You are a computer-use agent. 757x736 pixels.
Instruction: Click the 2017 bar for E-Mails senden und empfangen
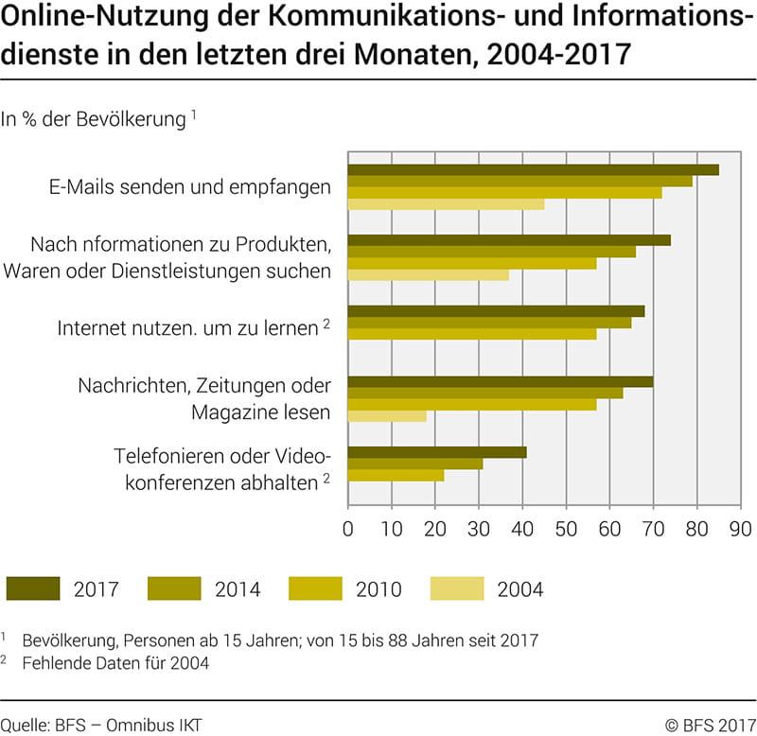pos(533,169)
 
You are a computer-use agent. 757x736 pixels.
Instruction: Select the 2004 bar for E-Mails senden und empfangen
pos(446,204)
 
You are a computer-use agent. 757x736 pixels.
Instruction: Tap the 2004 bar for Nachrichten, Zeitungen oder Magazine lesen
pos(387,416)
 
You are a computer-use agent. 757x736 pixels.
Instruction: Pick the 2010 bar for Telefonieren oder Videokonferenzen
pos(396,475)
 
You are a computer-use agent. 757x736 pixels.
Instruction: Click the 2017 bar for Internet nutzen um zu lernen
pos(496,311)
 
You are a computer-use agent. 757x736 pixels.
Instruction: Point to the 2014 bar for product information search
pos(491,252)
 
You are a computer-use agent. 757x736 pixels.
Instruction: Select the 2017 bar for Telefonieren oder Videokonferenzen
pos(437,451)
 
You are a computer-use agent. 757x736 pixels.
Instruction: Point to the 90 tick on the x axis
pos(740,526)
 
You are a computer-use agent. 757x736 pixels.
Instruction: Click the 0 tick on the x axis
pos(348,526)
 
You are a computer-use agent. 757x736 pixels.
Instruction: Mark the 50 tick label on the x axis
pos(566,526)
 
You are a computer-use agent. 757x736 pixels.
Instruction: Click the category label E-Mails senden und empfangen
pos(190,186)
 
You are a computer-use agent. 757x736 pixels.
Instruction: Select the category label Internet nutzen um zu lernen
pos(186,328)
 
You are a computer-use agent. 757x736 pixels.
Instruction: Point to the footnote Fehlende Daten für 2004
pos(116,663)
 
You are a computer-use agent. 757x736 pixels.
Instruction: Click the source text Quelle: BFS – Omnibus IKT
pos(102,725)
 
